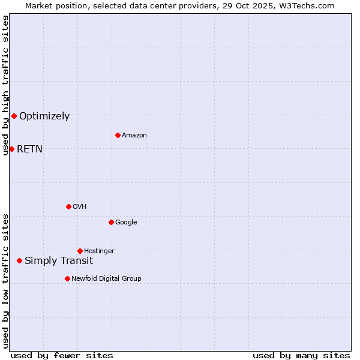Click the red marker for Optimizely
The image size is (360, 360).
(14, 116)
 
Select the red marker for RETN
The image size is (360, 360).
(11, 149)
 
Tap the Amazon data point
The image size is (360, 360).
(118, 135)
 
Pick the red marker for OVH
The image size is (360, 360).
(68, 206)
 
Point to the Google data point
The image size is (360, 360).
(111, 222)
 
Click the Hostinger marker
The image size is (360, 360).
(80, 251)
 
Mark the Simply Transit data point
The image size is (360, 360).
(20, 260)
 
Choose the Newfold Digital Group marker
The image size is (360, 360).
(67, 278)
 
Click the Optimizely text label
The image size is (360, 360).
(44, 116)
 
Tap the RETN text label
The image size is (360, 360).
(29, 149)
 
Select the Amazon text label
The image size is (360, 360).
(134, 136)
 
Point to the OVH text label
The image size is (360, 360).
(79, 207)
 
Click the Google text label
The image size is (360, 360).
(126, 223)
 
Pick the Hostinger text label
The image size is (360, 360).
(99, 251)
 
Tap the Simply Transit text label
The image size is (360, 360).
(59, 261)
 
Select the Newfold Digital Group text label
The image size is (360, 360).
(106, 279)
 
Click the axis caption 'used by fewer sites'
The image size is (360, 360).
(62, 356)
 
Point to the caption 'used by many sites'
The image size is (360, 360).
(301, 356)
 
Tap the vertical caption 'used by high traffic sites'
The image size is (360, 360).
(5, 85)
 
